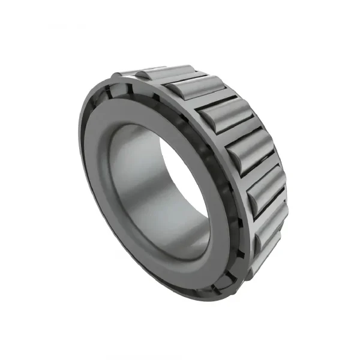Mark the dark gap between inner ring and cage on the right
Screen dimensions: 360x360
tap(231, 198)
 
